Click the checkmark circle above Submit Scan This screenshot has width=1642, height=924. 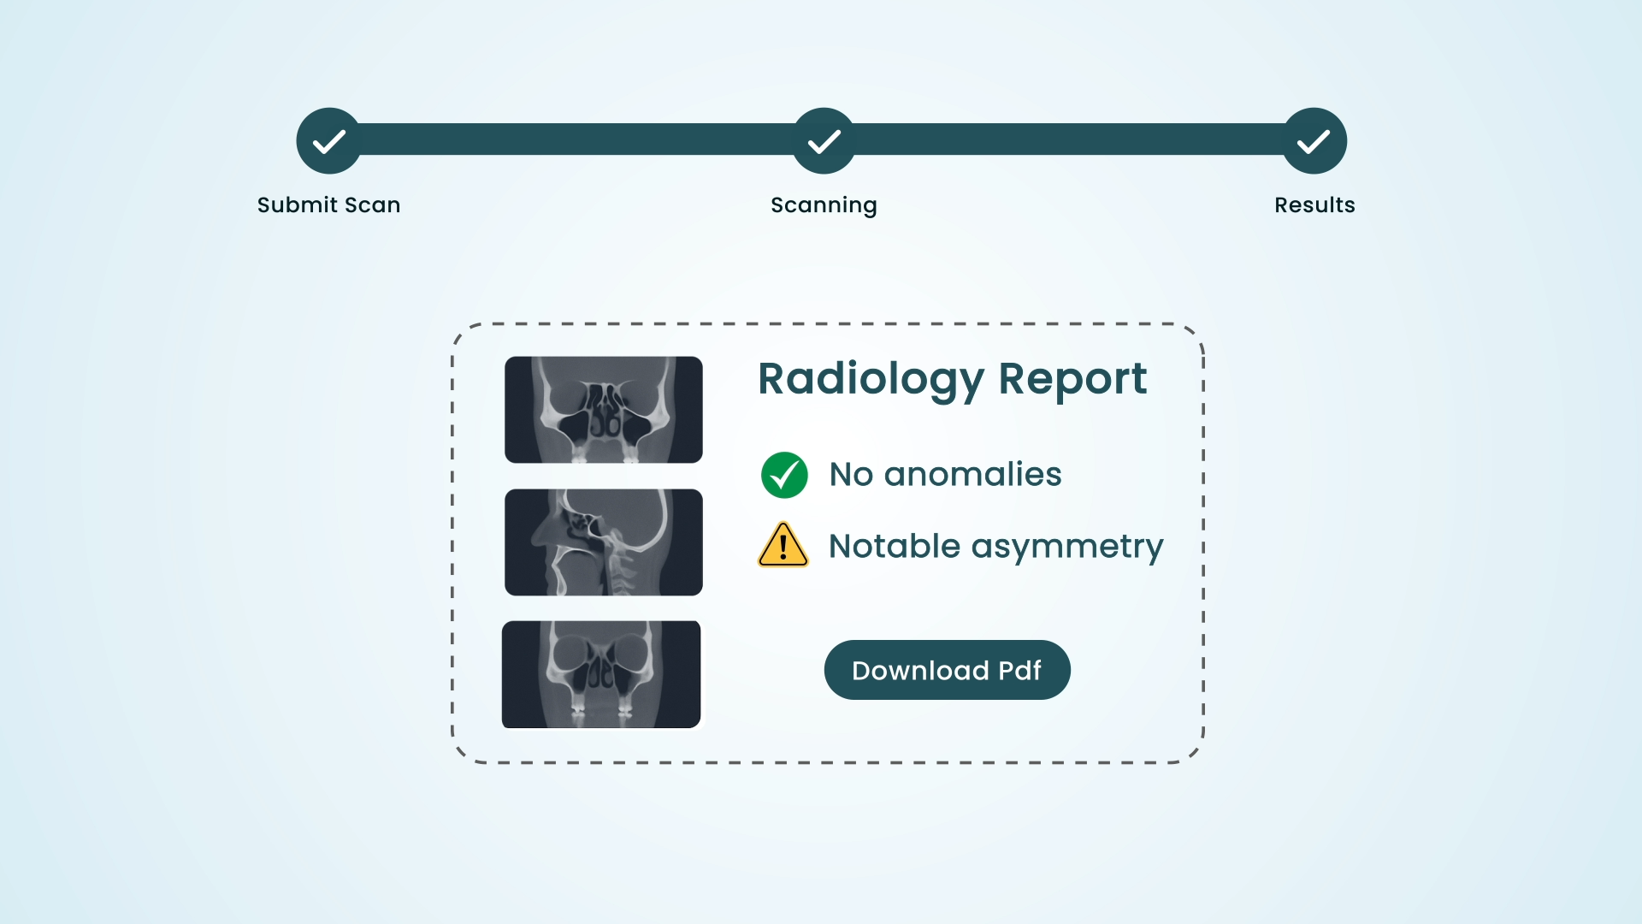pos(329,141)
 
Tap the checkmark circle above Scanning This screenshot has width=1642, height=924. pos(824,141)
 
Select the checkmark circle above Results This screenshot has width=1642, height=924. pos(1314,141)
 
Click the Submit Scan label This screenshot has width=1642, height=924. pos(329,205)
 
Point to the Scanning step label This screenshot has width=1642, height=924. pos(824,206)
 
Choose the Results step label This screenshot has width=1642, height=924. pos(1315,205)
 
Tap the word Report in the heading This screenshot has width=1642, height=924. pos(1072,380)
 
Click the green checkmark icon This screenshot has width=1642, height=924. pos(784,475)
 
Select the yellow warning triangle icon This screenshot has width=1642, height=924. pos(783,546)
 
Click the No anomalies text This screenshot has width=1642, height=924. pos(946,474)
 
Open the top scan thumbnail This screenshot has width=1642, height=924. pos(604,410)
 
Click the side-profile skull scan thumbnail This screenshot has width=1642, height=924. pos(604,542)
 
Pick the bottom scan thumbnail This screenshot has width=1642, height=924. pos(601,674)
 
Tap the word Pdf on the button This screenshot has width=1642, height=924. pos(1020,671)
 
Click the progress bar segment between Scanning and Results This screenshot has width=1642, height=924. pos(1069,139)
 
